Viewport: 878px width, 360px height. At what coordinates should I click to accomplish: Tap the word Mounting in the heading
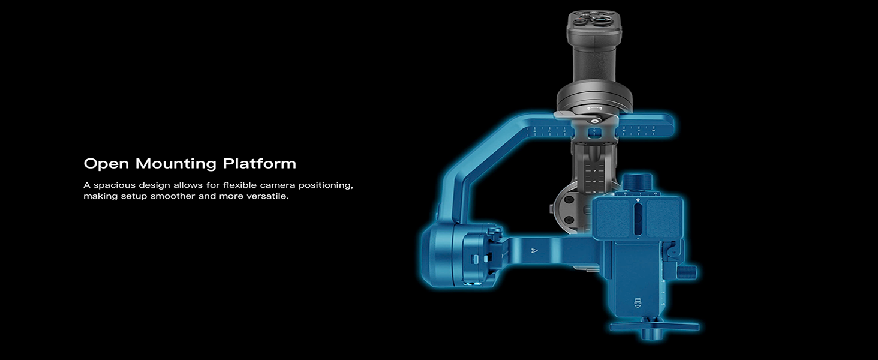(x=176, y=164)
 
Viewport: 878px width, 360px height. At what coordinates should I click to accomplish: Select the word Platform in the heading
(x=260, y=163)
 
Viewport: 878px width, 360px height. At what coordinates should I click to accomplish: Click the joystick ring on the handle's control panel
(x=600, y=19)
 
